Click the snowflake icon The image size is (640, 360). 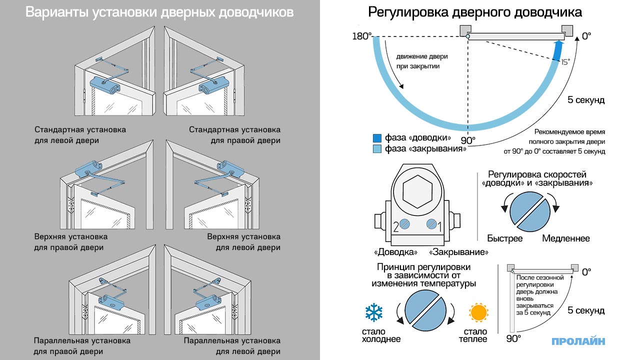[374, 313]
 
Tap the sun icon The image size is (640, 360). [477, 313]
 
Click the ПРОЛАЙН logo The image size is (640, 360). [578, 341]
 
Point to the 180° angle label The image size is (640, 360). [362, 36]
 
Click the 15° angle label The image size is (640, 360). [565, 62]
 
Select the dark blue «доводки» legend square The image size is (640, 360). [377, 138]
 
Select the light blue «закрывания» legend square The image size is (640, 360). [377, 148]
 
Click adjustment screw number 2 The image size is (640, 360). [404, 225]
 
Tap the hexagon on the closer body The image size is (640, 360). [417, 191]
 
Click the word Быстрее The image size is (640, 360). [504, 238]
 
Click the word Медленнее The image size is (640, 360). [566, 238]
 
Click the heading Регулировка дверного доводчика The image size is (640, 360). [474, 12]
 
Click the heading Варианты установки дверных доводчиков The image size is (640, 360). [159, 12]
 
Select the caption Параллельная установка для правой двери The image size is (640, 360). [82, 346]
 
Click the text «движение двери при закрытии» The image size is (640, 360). [418, 61]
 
